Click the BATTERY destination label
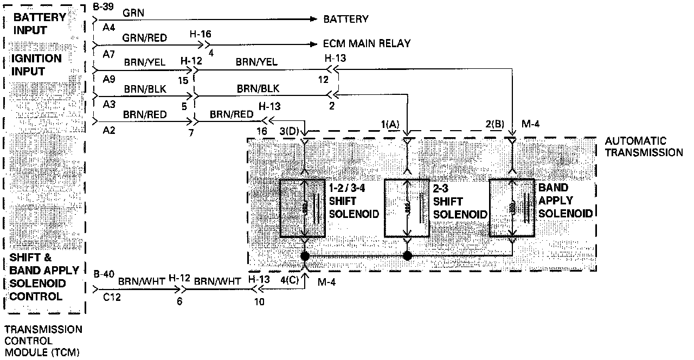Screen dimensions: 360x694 pyautogui.click(x=345, y=20)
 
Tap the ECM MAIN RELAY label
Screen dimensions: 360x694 pyautogui.click(x=367, y=43)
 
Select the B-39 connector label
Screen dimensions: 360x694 pyautogui.click(x=103, y=7)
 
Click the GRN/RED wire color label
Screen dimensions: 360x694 pyautogui.click(x=145, y=37)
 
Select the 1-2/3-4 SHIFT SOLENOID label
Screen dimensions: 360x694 pyautogui.click(x=354, y=201)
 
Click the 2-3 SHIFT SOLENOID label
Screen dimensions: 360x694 pyautogui.click(x=460, y=201)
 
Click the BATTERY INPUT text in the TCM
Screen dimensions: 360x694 pyautogui.click(x=38, y=23)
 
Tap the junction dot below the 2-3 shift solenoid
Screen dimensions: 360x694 pyautogui.click(x=408, y=255)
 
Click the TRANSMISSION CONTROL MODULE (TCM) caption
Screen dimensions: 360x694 pyautogui.click(x=43, y=341)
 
